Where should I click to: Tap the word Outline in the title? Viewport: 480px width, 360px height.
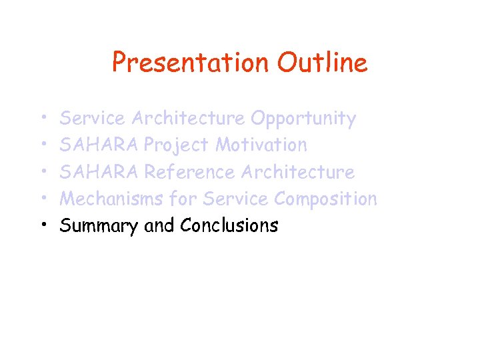pos(323,63)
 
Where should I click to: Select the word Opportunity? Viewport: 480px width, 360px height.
pos(303,119)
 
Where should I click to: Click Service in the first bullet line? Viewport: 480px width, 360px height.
pos(92,119)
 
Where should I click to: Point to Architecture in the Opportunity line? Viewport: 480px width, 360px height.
pos(188,119)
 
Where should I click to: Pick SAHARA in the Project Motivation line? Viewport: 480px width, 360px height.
pos(99,145)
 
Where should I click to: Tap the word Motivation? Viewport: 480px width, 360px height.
pos(261,145)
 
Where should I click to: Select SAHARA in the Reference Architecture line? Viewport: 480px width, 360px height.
pos(99,172)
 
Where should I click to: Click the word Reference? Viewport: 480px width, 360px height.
pos(190,172)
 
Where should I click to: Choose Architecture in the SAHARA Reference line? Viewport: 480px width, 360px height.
pos(298,172)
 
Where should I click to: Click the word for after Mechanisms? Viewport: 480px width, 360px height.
pos(183,199)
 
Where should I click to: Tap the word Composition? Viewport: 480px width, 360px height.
pos(326,199)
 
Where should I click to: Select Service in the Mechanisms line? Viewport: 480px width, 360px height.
pos(236,199)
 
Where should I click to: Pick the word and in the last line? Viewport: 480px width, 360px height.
pos(159,226)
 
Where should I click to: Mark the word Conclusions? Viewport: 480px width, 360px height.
pos(229,226)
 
